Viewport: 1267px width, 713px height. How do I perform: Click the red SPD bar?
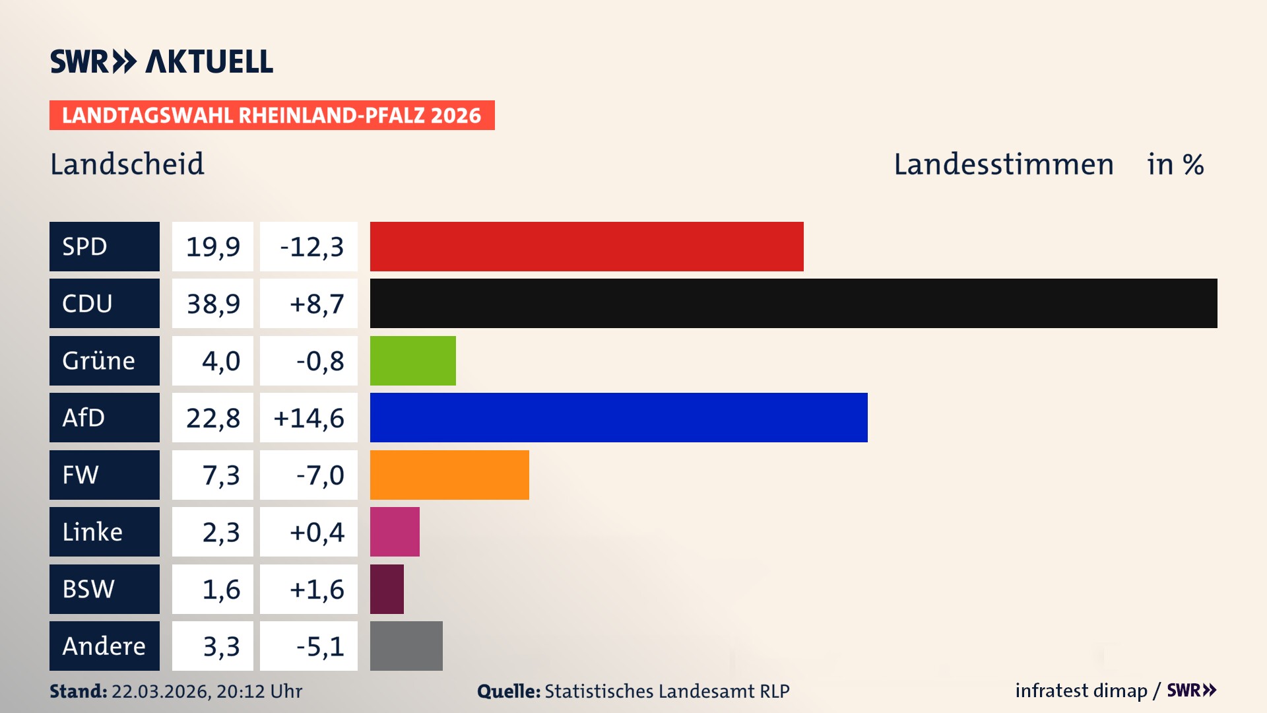[x=587, y=246]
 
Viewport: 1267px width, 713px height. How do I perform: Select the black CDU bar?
[x=793, y=304]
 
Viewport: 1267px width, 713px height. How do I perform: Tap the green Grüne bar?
[x=412, y=360]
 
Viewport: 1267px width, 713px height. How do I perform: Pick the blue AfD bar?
[x=618, y=418]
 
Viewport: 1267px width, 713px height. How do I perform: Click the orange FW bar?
[x=449, y=475]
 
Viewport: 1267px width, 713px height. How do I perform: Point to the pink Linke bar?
[x=395, y=532]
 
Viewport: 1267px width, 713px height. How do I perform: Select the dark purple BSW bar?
[x=387, y=589]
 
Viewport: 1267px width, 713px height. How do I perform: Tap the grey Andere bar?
[x=406, y=646]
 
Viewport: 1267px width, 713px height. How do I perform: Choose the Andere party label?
[x=104, y=646]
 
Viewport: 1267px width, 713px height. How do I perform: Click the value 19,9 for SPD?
[x=212, y=246]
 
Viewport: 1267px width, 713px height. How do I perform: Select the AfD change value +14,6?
[x=308, y=418]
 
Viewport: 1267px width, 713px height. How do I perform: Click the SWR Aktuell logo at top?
[x=161, y=61]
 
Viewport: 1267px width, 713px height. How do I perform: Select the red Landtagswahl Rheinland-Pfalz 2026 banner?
[x=272, y=116]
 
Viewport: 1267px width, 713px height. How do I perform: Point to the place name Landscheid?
[x=127, y=164]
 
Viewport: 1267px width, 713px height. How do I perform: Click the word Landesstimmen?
[x=1003, y=164]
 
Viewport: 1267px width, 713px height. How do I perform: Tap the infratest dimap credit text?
[x=1081, y=691]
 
